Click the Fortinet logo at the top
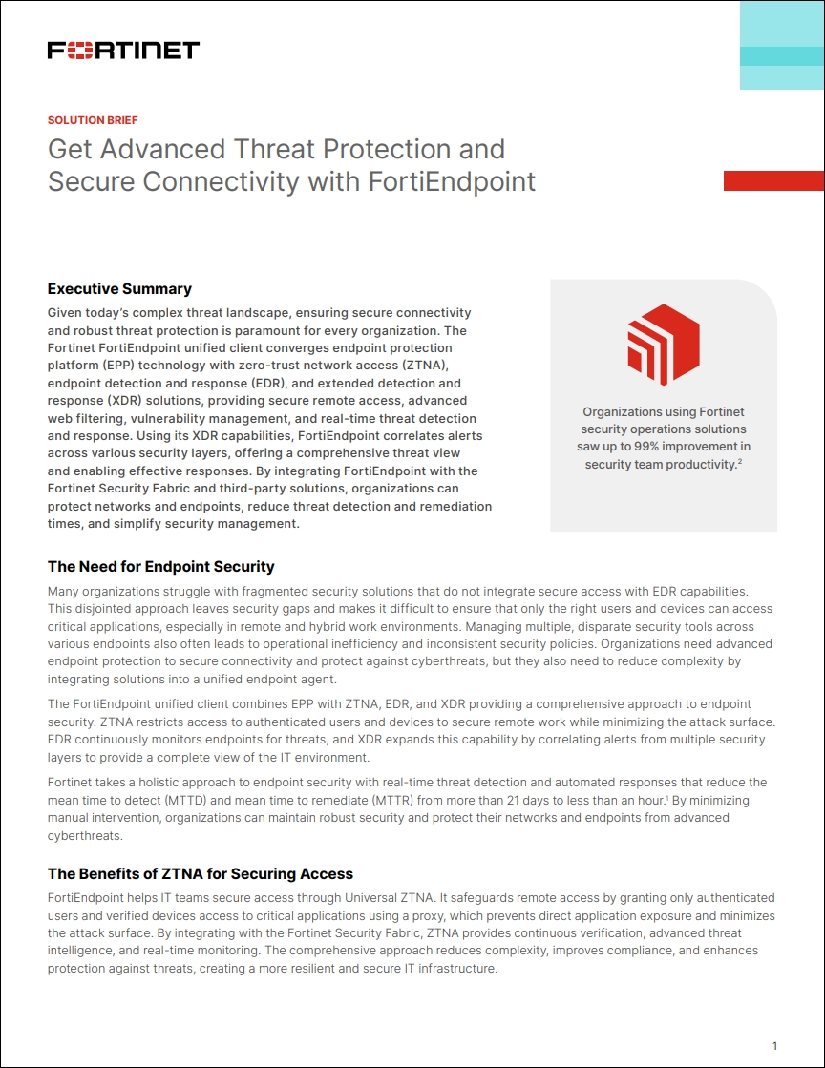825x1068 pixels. click(123, 51)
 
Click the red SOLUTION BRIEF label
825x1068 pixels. click(93, 120)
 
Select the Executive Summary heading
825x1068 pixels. click(119, 289)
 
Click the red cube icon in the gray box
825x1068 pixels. click(663, 345)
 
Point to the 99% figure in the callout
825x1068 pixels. click(687, 447)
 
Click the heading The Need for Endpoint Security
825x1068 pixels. click(160, 566)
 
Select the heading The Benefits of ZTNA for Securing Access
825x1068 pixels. click(201, 873)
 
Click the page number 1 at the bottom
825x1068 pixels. click(774, 1045)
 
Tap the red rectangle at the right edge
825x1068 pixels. click(773, 180)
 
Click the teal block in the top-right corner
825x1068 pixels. click(781, 46)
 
